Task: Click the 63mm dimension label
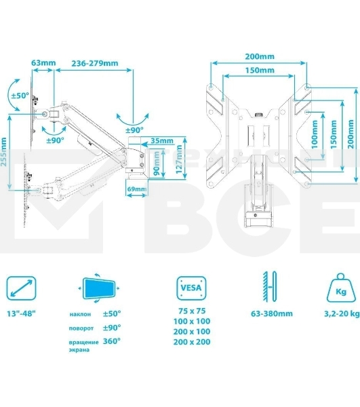click(43, 63)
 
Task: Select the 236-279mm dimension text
click(95, 63)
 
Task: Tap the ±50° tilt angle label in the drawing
click(20, 96)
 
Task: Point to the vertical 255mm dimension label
click(3, 152)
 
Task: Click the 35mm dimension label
click(162, 140)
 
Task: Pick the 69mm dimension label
click(137, 189)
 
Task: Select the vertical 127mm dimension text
click(179, 159)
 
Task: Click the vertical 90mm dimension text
click(157, 163)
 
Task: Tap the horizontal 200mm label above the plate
click(260, 56)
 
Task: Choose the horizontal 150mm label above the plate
click(260, 70)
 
